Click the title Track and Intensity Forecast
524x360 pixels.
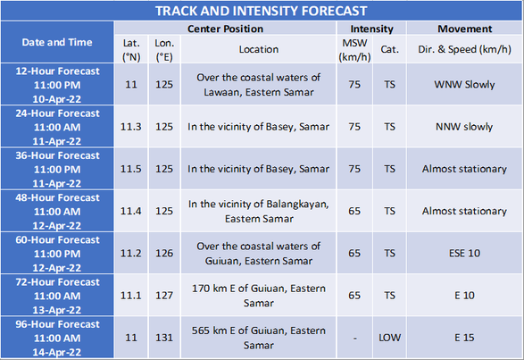pyautogui.click(x=262, y=11)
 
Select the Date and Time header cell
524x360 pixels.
pyautogui.click(x=57, y=42)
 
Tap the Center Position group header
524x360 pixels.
pyautogui.click(x=225, y=29)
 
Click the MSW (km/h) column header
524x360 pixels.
pyautogui.click(x=354, y=49)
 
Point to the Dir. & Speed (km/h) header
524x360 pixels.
pyautogui.click(x=464, y=49)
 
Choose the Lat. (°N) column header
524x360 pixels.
pyautogui.click(x=131, y=50)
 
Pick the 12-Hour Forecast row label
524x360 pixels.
pyautogui.click(x=57, y=85)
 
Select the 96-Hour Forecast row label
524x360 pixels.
pyautogui.click(x=57, y=338)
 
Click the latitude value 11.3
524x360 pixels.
pyautogui.click(x=131, y=127)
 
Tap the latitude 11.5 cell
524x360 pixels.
pyautogui.click(x=131, y=169)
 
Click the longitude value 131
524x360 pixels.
pyautogui.click(x=164, y=338)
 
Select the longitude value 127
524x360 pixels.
pyautogui.click(x=164, y=296)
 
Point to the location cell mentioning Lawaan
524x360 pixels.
pyautogui.click(x=259, y=85)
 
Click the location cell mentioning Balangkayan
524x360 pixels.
pyautogui.click(x=259, y=211)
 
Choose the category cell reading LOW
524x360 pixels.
pyautogui.click(x=390, y=338)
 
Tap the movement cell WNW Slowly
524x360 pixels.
pyautogui.click(x=464, y=85)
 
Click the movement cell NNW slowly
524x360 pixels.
pyautogui.click(x=464, y=127)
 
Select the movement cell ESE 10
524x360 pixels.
pyautogui.click(x=464, y=254)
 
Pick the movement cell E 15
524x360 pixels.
pyautogui.click(x=464, y=338)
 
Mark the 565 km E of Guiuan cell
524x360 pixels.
pyautogui.click(x=259, y=338)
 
